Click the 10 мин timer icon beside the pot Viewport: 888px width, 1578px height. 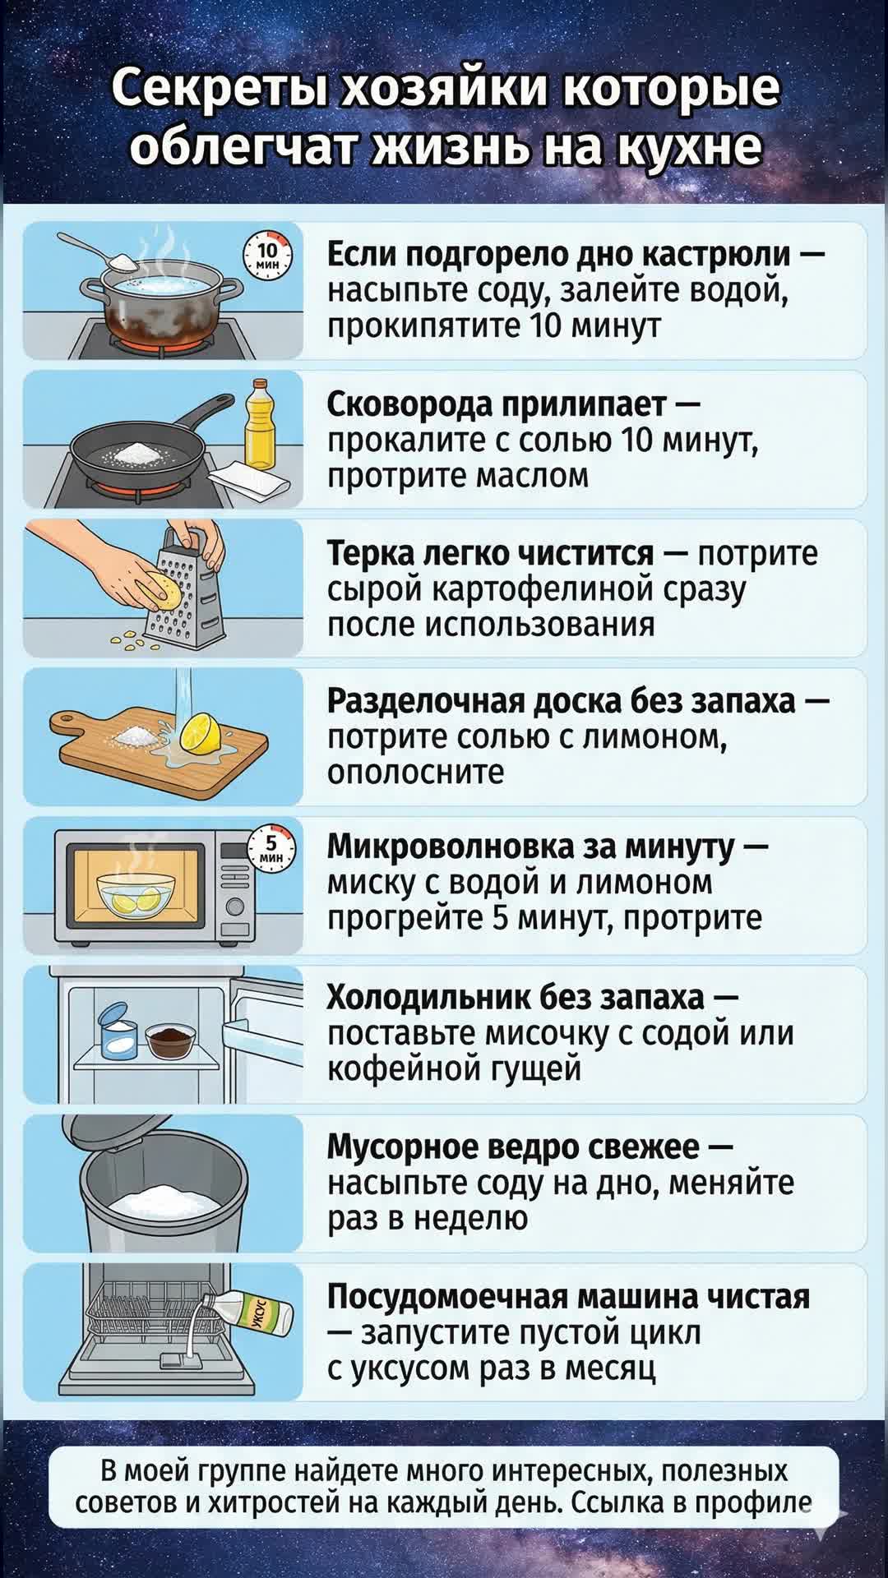pos(268,254)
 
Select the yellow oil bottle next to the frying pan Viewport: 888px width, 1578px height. pos(261,424)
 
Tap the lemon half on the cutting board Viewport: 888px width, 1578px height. pos(198,732)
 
